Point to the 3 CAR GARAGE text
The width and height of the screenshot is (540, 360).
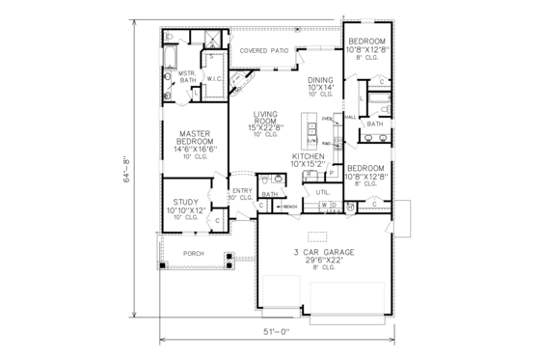point(324,252)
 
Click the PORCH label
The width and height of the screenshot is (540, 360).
point(194,254)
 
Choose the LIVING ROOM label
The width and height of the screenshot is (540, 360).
point(265,118)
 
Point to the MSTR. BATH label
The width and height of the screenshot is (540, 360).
point(186,78)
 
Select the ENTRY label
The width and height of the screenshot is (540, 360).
point(243,192)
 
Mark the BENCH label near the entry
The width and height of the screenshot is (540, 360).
point(289,207)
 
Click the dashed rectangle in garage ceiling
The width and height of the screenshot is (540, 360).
point(317,235)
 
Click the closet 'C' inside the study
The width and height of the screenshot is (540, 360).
point(217,220)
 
